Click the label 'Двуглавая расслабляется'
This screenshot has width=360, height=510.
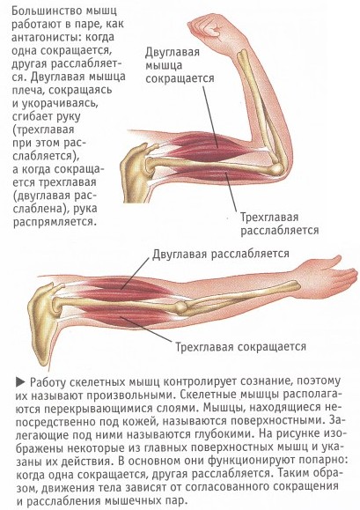click(x=221, y=254)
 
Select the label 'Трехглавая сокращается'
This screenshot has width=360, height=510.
click(x=241, y=346)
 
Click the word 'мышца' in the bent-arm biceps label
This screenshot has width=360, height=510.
click(x=164, y=65)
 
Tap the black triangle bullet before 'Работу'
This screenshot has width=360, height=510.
click(x=20, y=382)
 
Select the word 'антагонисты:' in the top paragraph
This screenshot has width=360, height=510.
click(x=47, y=37)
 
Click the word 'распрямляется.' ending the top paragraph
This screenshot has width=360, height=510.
click(x=55, y=222)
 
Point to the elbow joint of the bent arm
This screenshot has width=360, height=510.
click(x=276, y=167)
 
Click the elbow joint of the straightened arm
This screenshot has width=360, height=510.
click(x=180, y=307)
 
